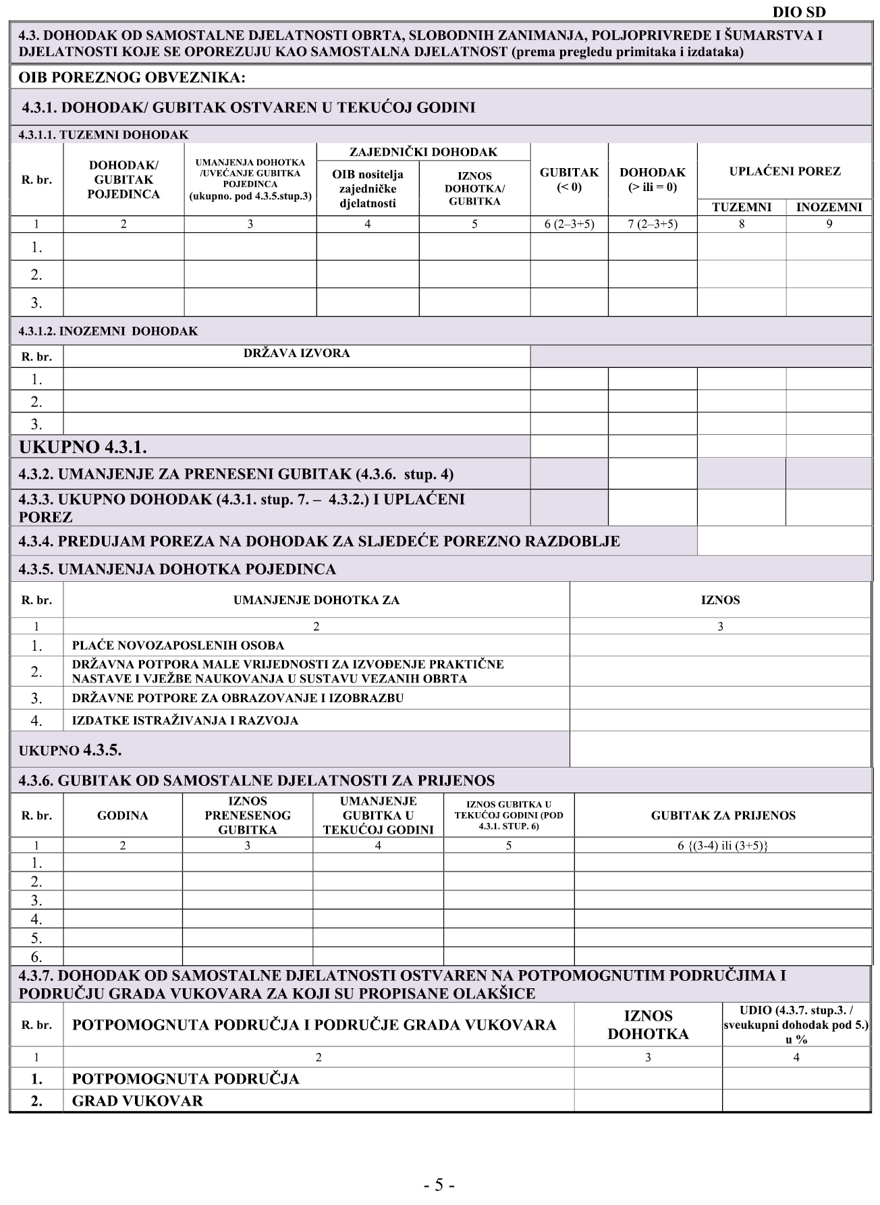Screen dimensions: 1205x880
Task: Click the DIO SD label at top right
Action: pyautogui.click(x=798, y=12)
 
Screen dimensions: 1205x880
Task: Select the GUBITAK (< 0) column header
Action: pyautogui.click(x=569, y=180)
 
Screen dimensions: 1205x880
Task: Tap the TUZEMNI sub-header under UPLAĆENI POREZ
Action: pyautogui.click(x=741, y=207)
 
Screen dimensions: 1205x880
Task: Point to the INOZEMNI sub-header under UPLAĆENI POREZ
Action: pyautogui.click(x=829, y=207)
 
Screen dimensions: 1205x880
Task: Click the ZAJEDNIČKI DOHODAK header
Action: pyautogui.click(x=423, y=152)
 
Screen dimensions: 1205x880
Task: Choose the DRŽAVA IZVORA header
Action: pyautogui.click(x=296, y=353)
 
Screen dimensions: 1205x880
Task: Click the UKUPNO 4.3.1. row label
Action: pyautogui.click(x=83, y=447)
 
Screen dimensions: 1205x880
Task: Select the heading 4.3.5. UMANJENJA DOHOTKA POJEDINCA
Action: pyautogui.click(x=177, y=569)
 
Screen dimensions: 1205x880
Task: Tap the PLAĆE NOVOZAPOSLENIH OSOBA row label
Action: pyautogui.click(x=178, y=645)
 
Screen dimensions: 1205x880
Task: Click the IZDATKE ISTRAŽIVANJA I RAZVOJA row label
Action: pyautogui.click(x=185, y=720)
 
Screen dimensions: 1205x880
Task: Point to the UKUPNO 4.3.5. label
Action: pyautogui.click(x=70, y=750)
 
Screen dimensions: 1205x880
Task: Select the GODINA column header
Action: pyautogui.click(x=122, y=815)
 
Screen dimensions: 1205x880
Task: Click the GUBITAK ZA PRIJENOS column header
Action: pyautogui.click(x=723, y=815)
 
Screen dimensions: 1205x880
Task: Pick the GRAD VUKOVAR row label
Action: pyautogui.click(x=137, y=1101)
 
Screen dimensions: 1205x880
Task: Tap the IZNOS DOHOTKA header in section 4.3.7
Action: pyautogui.click(x=648, y=1025)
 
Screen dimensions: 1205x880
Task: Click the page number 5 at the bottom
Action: pyautogui.click(x=439, y=1185)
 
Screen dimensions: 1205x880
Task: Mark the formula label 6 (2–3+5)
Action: pyautogui.click(x=569, y=224)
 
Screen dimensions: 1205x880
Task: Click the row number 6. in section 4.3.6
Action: pyautogui.click(x=36, y=957)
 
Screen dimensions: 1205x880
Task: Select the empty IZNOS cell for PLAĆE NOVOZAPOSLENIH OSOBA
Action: pyautogui.click(x=720, y=645)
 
